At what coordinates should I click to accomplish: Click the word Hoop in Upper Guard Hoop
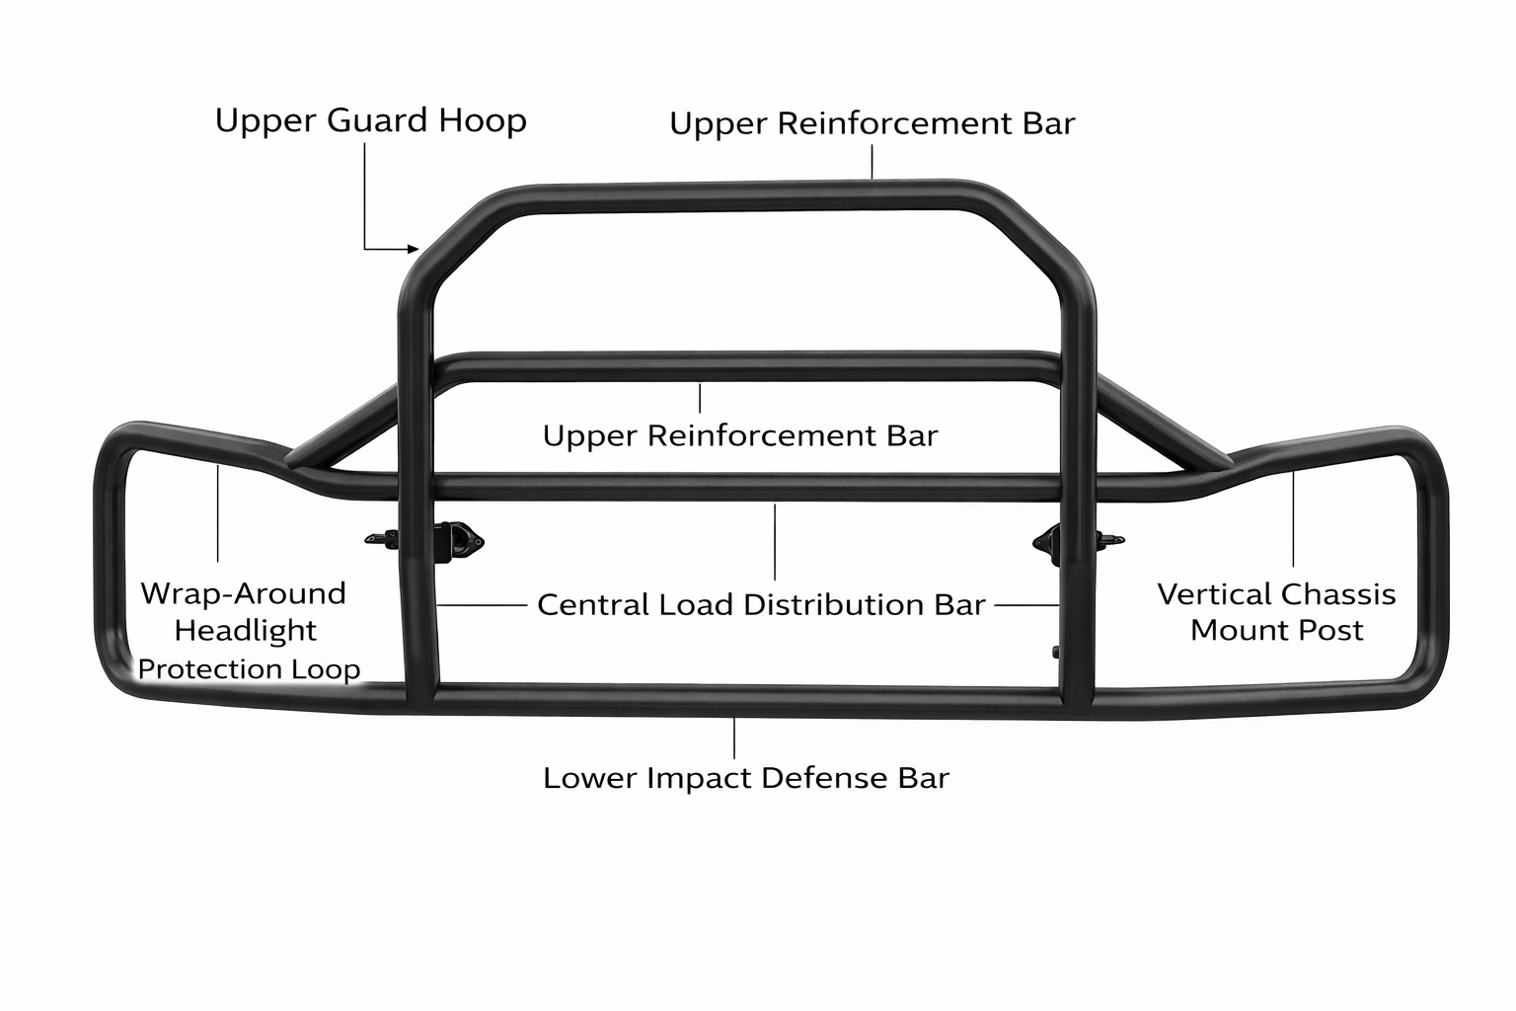483,121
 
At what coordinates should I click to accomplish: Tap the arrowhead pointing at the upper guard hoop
414,249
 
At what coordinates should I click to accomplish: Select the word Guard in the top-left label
375,121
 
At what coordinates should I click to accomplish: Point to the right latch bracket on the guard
1050,539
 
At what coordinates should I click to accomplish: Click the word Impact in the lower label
700,778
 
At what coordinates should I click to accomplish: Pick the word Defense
825,778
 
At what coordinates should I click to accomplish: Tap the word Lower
589,778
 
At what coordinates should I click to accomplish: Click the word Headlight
246,630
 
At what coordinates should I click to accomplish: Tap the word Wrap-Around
244,593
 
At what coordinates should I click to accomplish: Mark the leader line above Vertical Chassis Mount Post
1294,518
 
